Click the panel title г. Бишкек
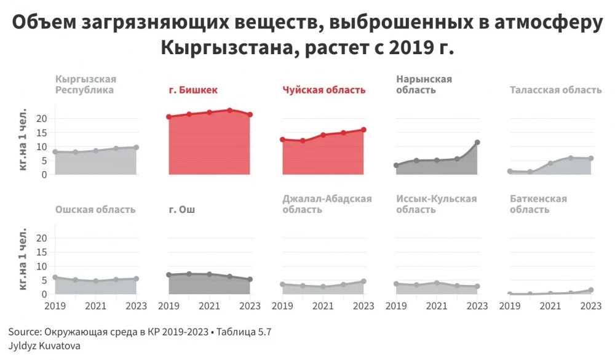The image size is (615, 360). [193, 90]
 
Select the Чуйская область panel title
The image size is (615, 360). [324, 90]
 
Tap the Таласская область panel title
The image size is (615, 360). [555, 90]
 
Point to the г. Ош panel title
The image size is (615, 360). [182, 210]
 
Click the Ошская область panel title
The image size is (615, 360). [95, 210]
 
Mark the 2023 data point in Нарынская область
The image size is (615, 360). [477, 143]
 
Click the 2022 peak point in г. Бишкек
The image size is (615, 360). [229, 110]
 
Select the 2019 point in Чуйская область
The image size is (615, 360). [282, 140]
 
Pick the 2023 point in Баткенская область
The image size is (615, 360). [591, 290]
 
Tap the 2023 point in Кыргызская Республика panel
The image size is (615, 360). [136, 147]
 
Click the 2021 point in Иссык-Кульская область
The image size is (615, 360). [437, 283]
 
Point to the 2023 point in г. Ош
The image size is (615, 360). [250, 279]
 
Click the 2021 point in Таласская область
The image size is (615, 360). [550, 163]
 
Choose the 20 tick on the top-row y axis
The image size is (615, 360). [42, 118]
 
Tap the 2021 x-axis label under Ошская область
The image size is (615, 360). [95, 305]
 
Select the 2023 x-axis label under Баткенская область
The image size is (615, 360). [591, 305]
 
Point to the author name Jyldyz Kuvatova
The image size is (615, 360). [45, 346]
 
